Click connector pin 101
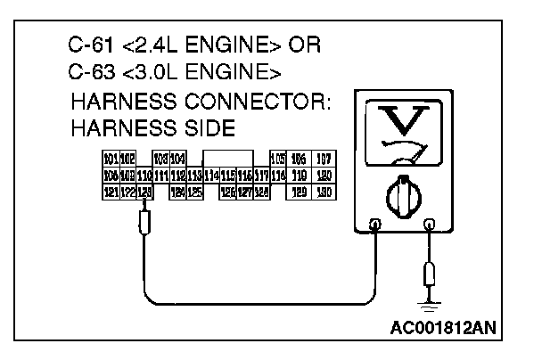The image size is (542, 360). [x=111, y=159]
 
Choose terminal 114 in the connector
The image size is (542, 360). [x=212, y=176]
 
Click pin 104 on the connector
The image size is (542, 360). [x=177, y=159]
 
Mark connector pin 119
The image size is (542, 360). [x=300, y=176]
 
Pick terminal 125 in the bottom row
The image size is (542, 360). [x=194, y=192]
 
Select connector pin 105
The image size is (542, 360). [x=276, y=159]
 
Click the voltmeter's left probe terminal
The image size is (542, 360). [x=375, y=225]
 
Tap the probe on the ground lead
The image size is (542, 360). [x=431, y=272]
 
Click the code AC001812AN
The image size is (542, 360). [x=443, y=325]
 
